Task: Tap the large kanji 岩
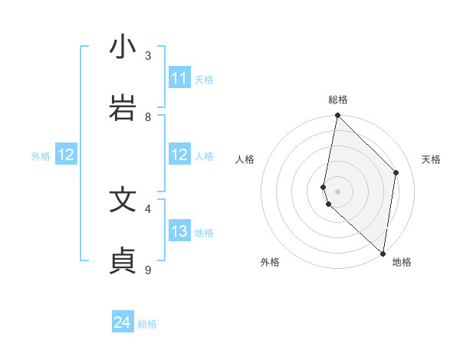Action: (123, 108)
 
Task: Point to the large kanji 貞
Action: (123, 261)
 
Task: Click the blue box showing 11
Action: (179, 78)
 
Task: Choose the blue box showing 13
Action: (179, 231)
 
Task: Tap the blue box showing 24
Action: (123, 323)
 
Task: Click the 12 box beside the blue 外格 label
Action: (66, 155)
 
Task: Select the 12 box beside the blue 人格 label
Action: (179, 155)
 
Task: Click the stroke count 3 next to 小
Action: (148, 55)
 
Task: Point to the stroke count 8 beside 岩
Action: (148, 116)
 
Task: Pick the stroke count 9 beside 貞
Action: (148, 270)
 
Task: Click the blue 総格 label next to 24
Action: (147, 324)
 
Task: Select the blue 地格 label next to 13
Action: (204, 232)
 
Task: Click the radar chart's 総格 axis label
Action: (338, 100)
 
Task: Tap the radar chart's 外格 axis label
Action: (270, 262)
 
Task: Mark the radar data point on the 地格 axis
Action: (383, 253)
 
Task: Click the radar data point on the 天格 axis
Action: (396, 172)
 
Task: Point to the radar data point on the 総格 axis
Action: (337, 116)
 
